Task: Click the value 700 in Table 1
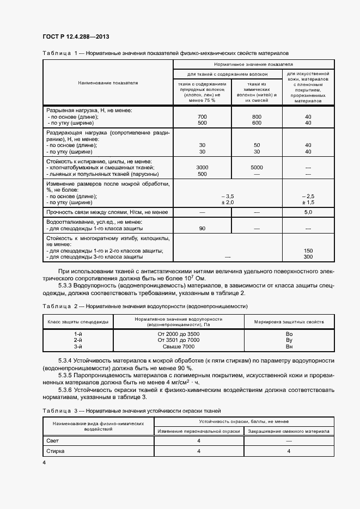pos(202,117)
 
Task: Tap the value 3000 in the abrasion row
pos(202,168)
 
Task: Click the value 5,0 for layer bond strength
pos(308,212)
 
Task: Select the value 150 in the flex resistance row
pos(308,250)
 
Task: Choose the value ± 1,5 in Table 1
pos(308,202)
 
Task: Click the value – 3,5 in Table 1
pos(228,195)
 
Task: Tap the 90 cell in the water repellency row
pos(202,228)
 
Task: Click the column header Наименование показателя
pos(108,83)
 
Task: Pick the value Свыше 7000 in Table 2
pos(178,346)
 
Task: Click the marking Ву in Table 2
pos(289,340)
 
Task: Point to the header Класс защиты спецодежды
pos(78,322)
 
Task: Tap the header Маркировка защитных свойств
pos(289,322)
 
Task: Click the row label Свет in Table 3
pos(53,440)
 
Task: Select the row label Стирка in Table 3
pos(56,451)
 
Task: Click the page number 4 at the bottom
pos(44,462)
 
